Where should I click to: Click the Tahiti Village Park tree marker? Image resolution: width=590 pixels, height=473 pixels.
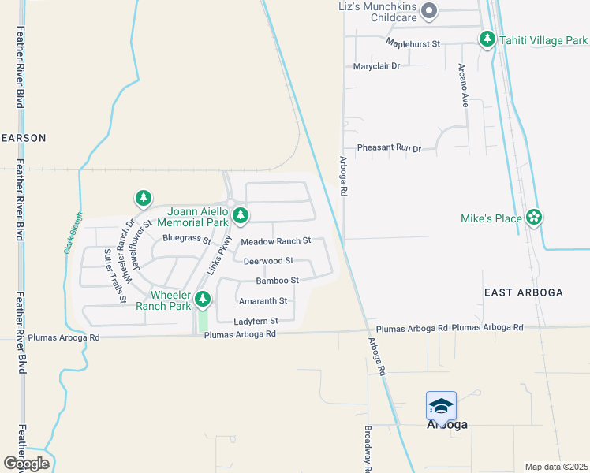pyautogui.click(x=487, y=39)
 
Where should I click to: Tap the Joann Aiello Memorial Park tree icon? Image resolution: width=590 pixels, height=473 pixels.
pyautogui.click(x=241, y=214)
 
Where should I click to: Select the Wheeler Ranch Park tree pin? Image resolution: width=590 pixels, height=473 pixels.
pyautogui.click(x=204, y=299)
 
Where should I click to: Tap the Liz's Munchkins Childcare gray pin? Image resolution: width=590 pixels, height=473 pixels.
pyautogui.click(x=429, y=10)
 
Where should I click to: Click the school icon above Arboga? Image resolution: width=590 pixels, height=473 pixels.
pyautogui.click(x=441, y=406)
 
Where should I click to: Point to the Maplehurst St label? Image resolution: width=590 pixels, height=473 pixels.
pyautogui.click(x=413, y=43)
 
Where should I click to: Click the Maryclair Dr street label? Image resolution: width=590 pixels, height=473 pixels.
pyautogui.click(x=377, y=66)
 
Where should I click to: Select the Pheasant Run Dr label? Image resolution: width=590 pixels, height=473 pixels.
pyautogui.click(x=389, y=147)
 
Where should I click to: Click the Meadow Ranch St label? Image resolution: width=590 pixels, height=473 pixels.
pyautogui.click(x=276, y=240)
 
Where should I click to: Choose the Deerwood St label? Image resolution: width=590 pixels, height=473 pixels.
pyautogui.click(x=268, y=260)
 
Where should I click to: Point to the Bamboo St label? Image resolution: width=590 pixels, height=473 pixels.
pyautogui.click(x=277, y=280)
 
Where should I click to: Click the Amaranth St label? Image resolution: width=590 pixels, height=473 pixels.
pyautogui.click(x=263, y=300)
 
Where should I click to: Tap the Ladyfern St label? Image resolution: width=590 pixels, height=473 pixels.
pyautogui.click(x=256, y=321)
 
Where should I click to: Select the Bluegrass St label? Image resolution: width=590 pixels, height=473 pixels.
pyautogui.click(x=186, y=238)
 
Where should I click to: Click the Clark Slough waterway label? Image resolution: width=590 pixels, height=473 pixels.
pyautogui.click(x=72, y=233)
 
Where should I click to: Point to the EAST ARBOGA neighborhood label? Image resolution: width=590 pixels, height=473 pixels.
pyautogui.click(x=523, y=292)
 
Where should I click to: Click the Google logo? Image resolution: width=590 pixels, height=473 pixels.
pyautogui.click(x=26, y=464)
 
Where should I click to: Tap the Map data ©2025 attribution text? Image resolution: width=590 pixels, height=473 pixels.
pyautogui.click(x=556, y=467)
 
